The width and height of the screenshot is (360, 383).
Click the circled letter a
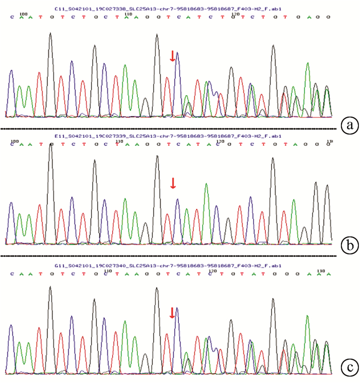[350, 125]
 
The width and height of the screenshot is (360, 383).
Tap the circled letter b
[350, 247]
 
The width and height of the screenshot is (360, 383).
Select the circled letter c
[350, 368]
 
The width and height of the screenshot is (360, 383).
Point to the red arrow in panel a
[173, 57]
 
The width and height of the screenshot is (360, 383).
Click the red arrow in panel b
[173, 183]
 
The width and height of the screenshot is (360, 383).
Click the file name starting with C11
[168, 9]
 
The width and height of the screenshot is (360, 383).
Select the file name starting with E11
[168, 136]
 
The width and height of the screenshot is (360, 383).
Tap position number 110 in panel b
[120, 140]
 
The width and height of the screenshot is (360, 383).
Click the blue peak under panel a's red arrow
[177, 53]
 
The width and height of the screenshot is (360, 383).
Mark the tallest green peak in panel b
[206, 185]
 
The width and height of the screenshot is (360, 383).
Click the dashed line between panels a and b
[170, 129]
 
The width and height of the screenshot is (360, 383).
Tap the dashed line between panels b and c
[170, 255]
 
